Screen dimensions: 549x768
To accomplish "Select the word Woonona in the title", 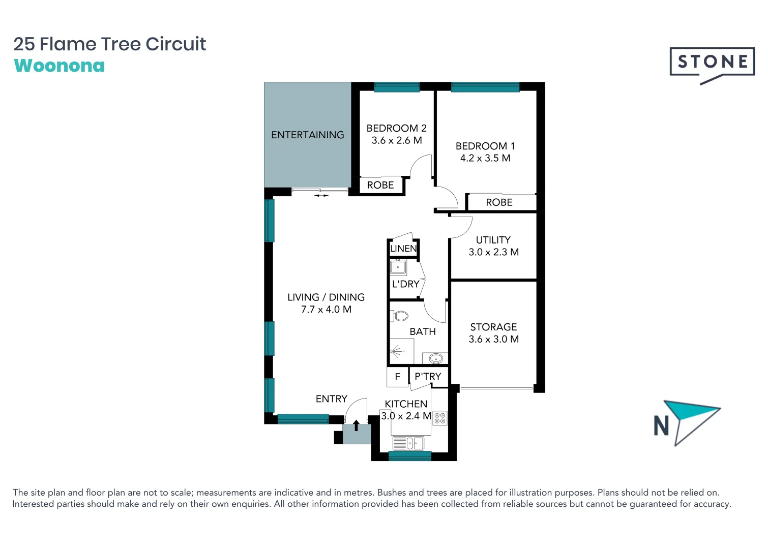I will [x=60, y=66].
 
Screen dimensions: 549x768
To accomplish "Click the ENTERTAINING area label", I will [x=307, y=135].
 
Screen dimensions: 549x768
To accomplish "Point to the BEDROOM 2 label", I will [x=396, y=128].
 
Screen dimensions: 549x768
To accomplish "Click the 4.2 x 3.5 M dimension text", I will [x=485, y=158].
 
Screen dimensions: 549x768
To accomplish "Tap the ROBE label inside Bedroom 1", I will [x=499, y=202].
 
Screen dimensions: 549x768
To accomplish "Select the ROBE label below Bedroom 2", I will [x=380, y=185].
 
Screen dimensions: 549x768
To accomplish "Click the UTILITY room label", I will [x=493, y=240].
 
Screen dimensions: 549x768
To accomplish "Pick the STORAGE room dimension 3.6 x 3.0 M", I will [x=493, y=339].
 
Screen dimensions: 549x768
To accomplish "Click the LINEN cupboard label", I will [x=403, y=249].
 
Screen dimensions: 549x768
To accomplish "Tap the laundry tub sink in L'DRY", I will [x=398, y=266].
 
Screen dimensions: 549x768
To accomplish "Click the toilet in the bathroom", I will [x=400, y=316].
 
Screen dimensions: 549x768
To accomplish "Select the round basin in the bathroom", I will [x=436, y=359].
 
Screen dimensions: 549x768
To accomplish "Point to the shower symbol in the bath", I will [x=397, y=351].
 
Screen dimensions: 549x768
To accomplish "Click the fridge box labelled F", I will [x=398, y=377].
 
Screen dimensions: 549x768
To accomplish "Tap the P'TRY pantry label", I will [x=428, y=377].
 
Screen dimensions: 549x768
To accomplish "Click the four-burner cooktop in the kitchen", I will [x=440, y=418].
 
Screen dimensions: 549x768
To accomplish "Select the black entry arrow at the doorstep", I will [x=356, y=425].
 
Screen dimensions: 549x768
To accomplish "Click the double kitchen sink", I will [x=408, y=443].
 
